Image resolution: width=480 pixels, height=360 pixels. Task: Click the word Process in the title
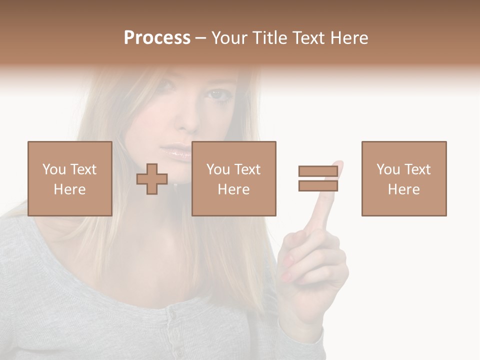[157, 38]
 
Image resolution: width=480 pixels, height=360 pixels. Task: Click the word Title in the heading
[270, 38]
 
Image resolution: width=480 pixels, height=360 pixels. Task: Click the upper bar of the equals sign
[318, 171]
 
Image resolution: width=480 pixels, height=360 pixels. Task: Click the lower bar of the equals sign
[318, 186]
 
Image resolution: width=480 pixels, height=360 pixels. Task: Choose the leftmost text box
[69, 178]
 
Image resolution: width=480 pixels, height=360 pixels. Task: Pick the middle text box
[233, 178]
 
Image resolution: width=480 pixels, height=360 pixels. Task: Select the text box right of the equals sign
[404, 178]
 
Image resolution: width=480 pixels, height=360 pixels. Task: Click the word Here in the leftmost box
[69, 189]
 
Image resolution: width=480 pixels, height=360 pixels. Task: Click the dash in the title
[201, 38]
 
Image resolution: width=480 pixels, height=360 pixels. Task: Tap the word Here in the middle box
[233, 189]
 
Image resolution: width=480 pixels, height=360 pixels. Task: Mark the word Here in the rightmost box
[404, 189]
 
